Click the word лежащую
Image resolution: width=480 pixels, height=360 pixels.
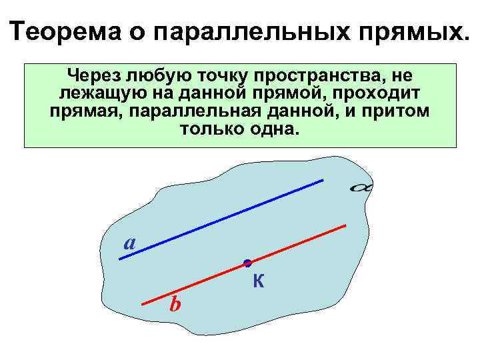click(x=97, y=92)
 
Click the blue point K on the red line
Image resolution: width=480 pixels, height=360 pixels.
click(x=247, y=263)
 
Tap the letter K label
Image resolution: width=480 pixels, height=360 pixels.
click(x=259, y=283)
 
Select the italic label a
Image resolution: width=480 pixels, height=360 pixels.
click(x=130, y=244)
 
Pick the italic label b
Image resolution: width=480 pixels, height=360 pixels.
click(x=175, y=305)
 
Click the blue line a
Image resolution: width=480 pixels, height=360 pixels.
click(x=220, y=219)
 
